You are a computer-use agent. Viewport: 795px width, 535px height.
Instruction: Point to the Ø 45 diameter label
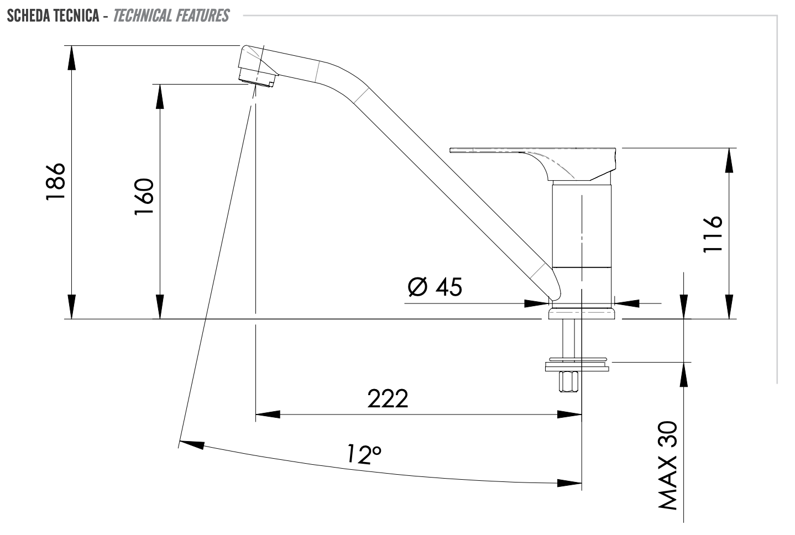pos(435,287)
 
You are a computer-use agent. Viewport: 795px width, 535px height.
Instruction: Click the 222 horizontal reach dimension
pos(388,398)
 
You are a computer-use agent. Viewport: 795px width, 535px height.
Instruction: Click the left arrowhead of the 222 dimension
pos(268,414)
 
